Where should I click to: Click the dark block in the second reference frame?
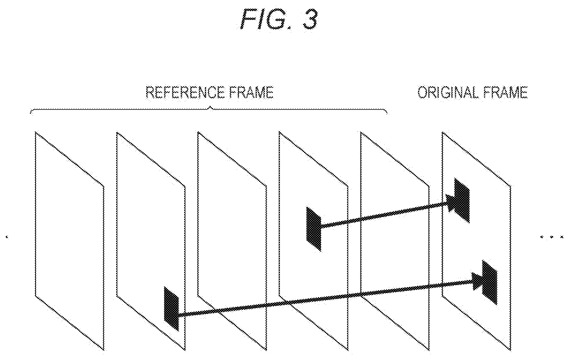[x=172, y=309]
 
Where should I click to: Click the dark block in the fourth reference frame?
[x=314, y=229]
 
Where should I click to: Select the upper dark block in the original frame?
[x=462, y=201]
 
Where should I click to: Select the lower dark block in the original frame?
[x=490, y=283]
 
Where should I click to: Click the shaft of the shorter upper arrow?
[x=384, y=215]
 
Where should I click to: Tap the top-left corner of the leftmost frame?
[x=35, y=132]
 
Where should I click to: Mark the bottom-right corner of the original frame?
[x=511, y=350]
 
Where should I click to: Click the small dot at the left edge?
[x=7, y=237]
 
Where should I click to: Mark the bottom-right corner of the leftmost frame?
[x=104, y=350]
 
